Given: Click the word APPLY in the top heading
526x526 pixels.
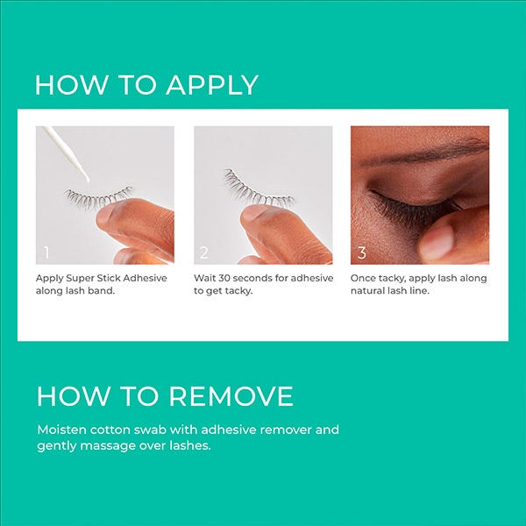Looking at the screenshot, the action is coord(212,85).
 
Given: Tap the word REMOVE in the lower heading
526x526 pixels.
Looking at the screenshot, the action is coord(231,396).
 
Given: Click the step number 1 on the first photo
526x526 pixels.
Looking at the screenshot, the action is coord(46,252).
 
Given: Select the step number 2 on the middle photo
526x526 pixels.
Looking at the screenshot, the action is coord(204,252).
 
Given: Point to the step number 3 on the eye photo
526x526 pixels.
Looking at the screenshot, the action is coord(361,252).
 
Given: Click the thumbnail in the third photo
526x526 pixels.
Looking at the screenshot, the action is coord(436,242).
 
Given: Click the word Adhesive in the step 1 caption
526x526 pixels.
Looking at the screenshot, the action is coord(146,278).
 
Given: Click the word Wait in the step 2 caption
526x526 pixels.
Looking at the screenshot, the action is coord(204,278).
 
